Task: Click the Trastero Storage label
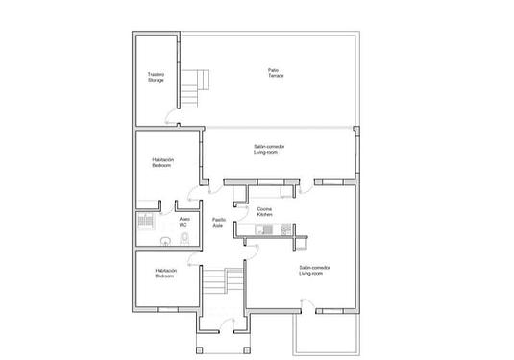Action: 156,76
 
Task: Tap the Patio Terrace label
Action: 275,72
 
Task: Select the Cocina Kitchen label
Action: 265,212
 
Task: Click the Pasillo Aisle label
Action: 219,222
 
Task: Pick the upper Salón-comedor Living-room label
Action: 269,149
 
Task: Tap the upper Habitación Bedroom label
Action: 162,163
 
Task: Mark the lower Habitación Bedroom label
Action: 165,273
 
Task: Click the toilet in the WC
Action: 166,240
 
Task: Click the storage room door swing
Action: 172,119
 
